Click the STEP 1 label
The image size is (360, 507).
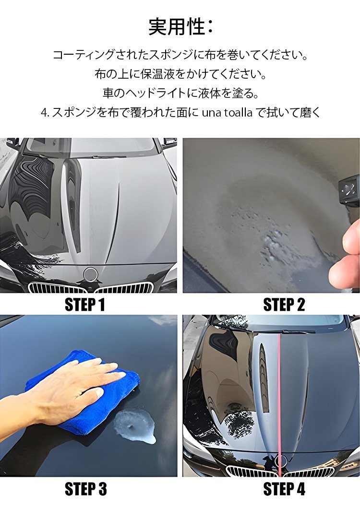point(84,305)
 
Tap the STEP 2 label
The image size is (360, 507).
point(284,305)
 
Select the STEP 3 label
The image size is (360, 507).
point(85,489)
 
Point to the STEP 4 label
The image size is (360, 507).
point(284,489)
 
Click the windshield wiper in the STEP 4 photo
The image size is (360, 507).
point(288,331)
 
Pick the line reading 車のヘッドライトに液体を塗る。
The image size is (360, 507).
point(180,93)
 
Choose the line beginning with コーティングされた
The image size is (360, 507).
point(180,55)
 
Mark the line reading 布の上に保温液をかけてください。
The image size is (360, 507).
point(180,74)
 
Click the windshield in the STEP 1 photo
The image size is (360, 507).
point(91,146)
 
